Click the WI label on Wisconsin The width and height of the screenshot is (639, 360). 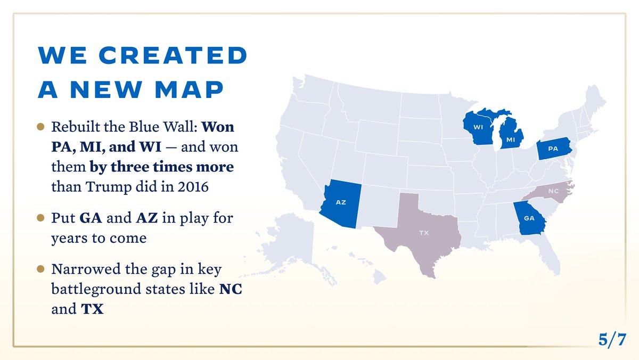click(x=478, y=128)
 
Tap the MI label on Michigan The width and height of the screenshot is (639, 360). click(x=511, y=140)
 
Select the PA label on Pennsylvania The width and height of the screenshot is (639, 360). click(x=553, y=149)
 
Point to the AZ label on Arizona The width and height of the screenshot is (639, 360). click(x=340, y=202)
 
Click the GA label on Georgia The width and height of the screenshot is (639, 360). click(x=529, y=218)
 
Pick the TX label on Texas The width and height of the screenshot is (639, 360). click(x=424, y=233)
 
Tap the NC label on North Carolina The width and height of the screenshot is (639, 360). click(x=553, y=190)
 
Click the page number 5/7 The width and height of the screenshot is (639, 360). click(x=612, y=339)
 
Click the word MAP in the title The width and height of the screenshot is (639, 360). click(x=189, y=88)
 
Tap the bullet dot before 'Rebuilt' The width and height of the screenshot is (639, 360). click(x=40, y=127)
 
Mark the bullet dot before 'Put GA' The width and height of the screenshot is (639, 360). click(x=40, y=218)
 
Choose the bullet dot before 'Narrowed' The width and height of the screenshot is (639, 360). click(x=40, y=269)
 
